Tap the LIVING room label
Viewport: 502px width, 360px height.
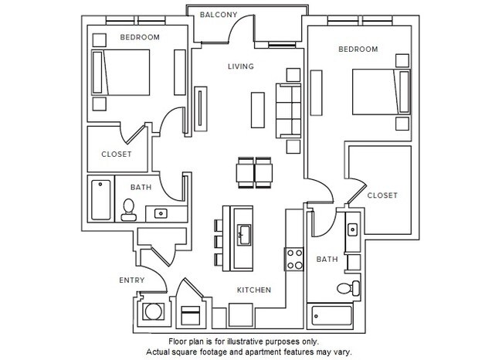point(240,67)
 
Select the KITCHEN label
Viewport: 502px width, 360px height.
point(253,290)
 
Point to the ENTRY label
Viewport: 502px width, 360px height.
point(131,280)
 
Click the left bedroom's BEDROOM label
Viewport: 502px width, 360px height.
point(139,37)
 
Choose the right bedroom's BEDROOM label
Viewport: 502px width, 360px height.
point(358,49)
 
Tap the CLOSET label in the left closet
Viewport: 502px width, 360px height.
point(117,154)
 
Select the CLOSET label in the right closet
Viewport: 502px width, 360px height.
point(382,195)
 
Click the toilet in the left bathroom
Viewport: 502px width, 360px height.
point(129,206)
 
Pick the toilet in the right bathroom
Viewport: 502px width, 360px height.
point(348,289)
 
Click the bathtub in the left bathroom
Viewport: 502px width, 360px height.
point(100,199)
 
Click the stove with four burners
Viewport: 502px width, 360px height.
point(293,258)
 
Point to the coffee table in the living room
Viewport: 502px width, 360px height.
point(257,109)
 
